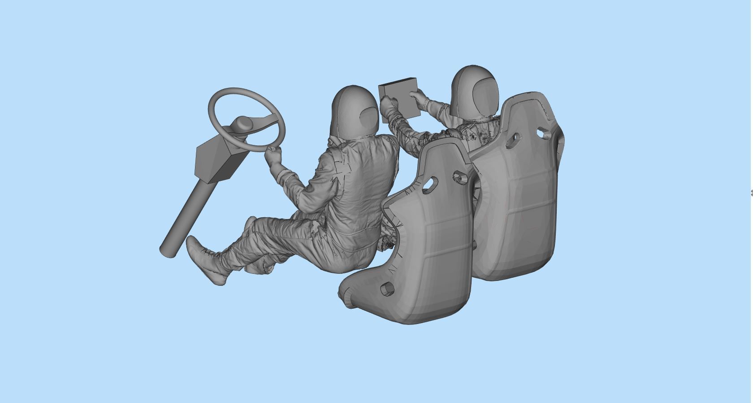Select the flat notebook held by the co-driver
399,101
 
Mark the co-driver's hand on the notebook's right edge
420,96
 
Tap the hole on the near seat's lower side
386,289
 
